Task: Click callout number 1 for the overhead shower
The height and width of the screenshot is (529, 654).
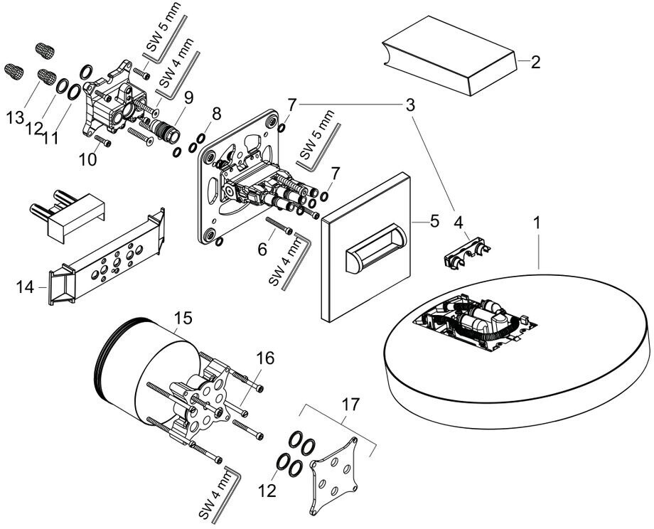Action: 537,223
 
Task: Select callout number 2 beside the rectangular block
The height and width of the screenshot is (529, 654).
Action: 535,62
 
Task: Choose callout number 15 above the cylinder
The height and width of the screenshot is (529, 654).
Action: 183,318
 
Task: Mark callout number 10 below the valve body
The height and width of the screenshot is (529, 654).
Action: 87,159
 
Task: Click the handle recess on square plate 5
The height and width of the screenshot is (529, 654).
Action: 374,252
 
